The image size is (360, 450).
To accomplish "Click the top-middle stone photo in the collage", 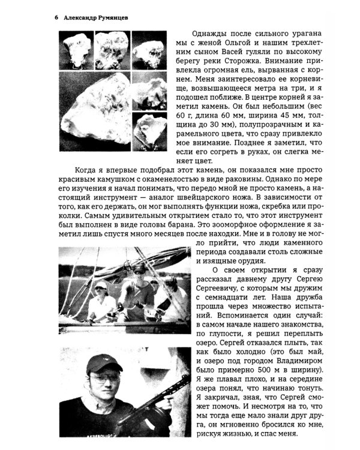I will (x=112, y=50).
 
